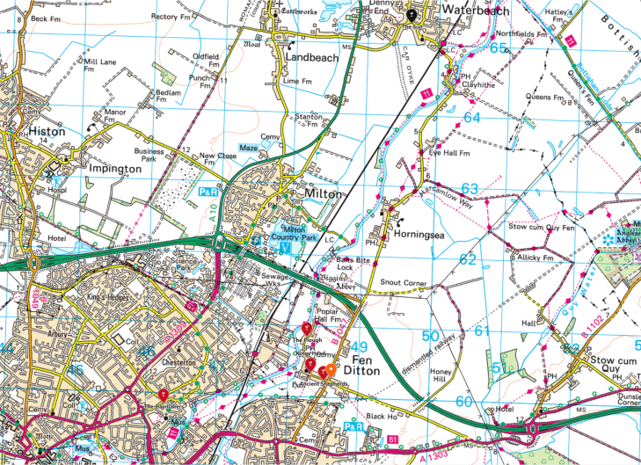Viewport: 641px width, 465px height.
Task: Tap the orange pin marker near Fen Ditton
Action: [330, 371]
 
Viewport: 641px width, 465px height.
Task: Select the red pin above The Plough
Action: [306, 330]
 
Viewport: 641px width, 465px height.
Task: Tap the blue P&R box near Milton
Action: [208, 191]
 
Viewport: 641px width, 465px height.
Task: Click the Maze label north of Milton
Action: [249, 148]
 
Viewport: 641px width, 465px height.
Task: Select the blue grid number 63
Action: [470, 188]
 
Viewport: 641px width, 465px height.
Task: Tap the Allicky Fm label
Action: [535, 258]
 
